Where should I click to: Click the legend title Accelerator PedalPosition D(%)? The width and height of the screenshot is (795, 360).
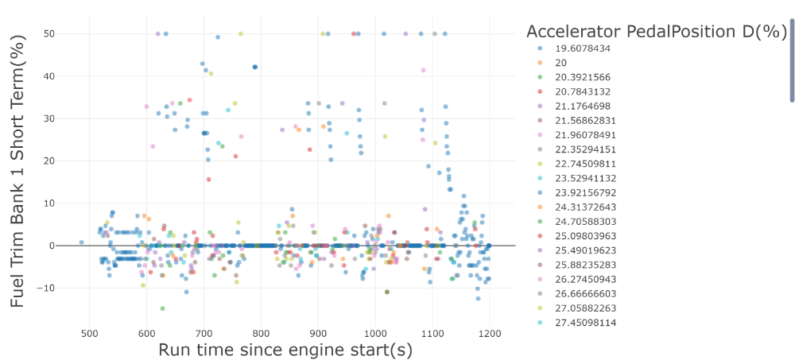[657, 32]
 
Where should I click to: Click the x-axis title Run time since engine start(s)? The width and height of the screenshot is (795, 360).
[285, 350]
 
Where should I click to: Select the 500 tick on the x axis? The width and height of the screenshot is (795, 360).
[90, 334]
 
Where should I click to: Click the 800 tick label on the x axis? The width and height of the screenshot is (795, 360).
[261, 334]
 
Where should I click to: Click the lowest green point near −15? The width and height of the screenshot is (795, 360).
[163, 308]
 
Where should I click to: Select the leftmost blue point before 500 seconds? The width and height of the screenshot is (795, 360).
[81, 242]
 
